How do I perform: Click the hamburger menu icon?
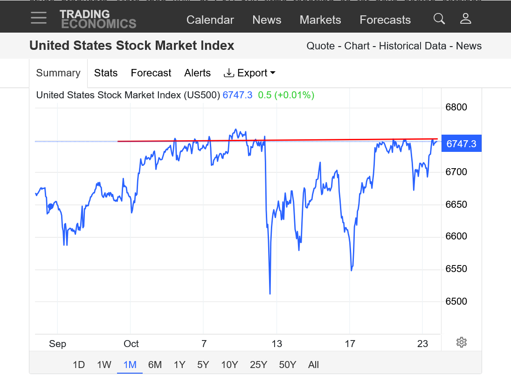coord(39,18)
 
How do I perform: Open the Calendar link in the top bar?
coord(210,20)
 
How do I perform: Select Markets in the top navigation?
coord(320,20)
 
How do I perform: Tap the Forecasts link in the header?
coord(385,20)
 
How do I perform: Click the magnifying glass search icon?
coord(439,19)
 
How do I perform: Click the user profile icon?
coord(465,19)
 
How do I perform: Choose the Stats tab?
coord(106,73)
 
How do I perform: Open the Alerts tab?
coord(197,73)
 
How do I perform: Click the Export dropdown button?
coord(250,73)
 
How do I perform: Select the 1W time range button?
coord(104,365)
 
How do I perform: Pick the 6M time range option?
coord(155,365)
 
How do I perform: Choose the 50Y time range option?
coord(288,365)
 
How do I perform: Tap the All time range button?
coord(313,365)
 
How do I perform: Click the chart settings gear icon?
coord(461,342)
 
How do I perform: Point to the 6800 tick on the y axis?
coord(456,108)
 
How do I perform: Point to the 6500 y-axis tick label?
coord(456,301)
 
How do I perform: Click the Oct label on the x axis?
coord(131,344)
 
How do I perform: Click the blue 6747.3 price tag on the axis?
coord(461,143)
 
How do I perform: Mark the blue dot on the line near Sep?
coord(51,206)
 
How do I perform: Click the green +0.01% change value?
coord(294,95)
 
